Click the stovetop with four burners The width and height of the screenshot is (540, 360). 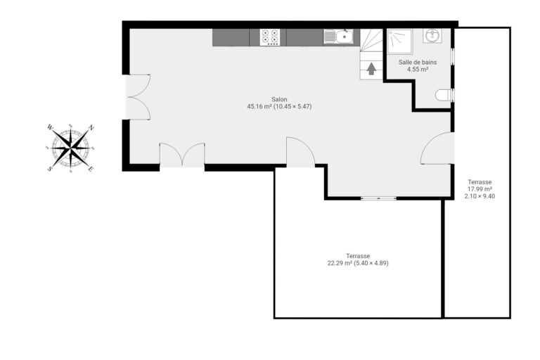(x=269, y=37)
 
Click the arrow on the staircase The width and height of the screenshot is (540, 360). (x=371, y=68)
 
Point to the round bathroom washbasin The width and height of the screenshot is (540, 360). (x=432, y=36)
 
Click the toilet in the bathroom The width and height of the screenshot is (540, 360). (x=444, y=95)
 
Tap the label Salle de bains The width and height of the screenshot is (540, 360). (x=417, y=63)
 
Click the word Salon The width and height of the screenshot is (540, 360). (x=279, y=99)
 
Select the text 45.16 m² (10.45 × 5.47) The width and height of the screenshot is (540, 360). (x=279, y=107)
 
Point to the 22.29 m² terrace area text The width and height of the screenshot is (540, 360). (x=357, y=264)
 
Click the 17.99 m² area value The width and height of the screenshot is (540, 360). (x=480, y=189)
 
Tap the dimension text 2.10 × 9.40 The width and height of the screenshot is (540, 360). (x=480, y=196)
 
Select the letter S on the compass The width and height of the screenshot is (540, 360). (x=50, y=169)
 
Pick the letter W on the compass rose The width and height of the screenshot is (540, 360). (x=50, y=127)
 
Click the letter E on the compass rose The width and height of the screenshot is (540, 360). (x=91, y=169)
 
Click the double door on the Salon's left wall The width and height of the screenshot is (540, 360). (x=138, y=97)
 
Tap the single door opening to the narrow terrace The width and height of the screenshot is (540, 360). (x=437, y=148)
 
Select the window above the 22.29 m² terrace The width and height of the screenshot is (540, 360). (x=378, y=198)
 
